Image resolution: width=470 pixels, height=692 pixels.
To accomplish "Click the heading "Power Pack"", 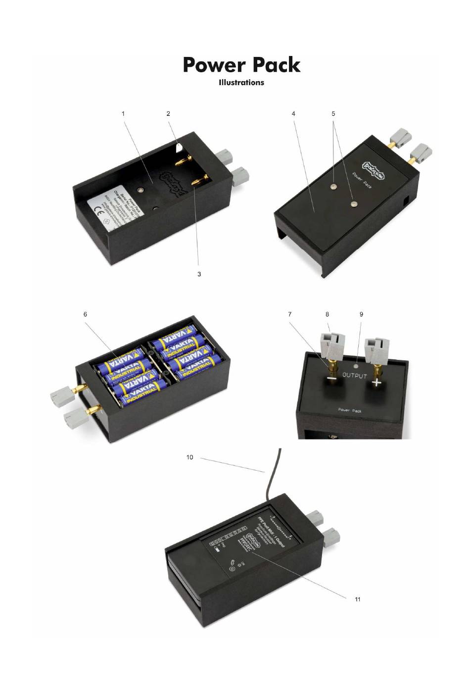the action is pos(241,65).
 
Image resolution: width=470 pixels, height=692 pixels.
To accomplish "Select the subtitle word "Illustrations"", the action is pos(241,83).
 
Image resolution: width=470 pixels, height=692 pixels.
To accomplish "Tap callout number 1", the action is pos(123,113).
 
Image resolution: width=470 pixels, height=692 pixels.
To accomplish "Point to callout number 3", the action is pos(199,274).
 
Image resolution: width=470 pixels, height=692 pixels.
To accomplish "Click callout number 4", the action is pos(293,113).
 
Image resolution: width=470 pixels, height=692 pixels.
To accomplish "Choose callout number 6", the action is pos(85,314).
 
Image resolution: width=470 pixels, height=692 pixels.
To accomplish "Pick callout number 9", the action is pos(361,314).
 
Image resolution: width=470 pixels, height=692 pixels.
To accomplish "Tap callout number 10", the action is pos(190,457).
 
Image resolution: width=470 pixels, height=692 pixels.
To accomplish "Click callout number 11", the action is pos(357,599).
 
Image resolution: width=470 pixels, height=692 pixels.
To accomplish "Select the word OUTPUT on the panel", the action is pos(355,376).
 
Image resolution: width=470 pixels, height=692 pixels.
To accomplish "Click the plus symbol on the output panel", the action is pos(377,383).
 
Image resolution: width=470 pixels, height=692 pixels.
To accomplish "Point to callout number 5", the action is pos(333,113).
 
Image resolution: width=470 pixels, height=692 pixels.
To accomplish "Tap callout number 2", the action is pos(168,113).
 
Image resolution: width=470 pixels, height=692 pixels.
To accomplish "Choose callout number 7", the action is pos(290,314).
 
